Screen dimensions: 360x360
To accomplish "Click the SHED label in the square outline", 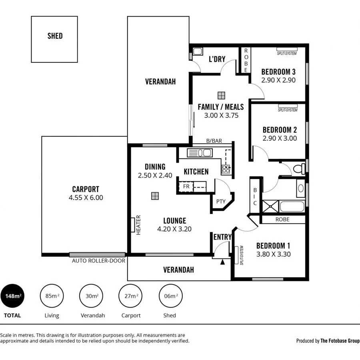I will coord(55,36).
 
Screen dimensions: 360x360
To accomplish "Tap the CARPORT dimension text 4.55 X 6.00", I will coord(86,197).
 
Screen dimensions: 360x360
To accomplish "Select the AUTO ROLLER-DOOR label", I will coord(98,261).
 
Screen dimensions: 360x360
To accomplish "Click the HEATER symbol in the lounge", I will coord(132,225).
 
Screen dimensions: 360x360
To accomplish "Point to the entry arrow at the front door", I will coord(223,262).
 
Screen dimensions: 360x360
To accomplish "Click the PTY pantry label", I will coord(221,202).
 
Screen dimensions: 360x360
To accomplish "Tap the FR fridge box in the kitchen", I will coord(186,186).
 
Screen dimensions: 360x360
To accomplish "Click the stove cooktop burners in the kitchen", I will coord(226,169).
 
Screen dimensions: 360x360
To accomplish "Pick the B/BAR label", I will coord(214,141).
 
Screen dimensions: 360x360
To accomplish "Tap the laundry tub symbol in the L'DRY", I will coord(197,51).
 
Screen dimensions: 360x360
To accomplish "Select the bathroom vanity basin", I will coord(300,188).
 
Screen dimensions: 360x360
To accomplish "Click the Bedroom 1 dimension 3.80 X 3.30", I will coord(274,254).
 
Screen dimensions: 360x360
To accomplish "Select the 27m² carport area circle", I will coord(131,296).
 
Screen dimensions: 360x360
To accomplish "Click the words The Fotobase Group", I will coord(340,341).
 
